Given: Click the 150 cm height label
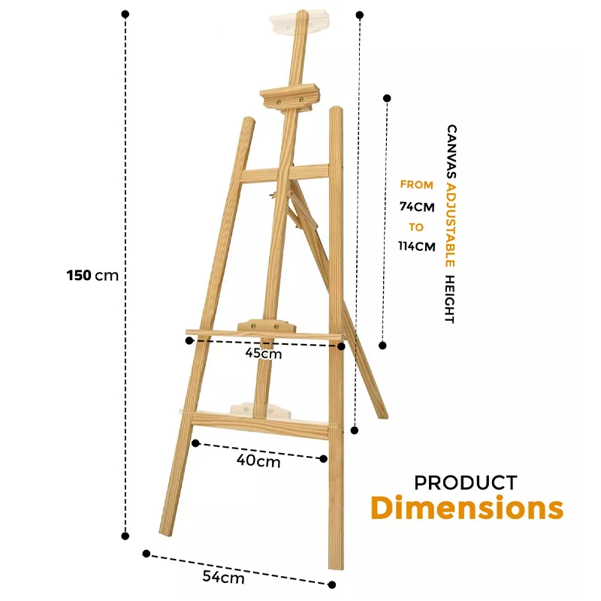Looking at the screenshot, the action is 92,275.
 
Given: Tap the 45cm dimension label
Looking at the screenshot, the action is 264,353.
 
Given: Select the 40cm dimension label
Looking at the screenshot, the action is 258,461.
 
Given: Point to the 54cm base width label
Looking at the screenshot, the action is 223,577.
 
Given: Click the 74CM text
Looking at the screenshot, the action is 417,207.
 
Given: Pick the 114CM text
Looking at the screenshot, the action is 417,246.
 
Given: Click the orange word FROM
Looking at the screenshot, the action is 417,185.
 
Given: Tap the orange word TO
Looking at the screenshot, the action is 416,228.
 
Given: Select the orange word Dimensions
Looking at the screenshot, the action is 467,508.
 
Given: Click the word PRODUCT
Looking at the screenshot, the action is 466,483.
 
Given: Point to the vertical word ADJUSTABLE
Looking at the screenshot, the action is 450,225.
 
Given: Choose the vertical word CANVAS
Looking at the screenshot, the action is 452,151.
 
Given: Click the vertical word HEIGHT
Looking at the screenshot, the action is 449,299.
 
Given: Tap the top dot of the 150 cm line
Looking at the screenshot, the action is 125,14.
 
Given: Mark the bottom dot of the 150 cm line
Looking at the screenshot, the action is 125,536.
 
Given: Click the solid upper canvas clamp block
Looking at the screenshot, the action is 289,99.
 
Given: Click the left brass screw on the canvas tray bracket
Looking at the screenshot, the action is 253,326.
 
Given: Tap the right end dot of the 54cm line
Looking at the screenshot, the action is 332,585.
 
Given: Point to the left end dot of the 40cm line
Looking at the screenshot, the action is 195,443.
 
